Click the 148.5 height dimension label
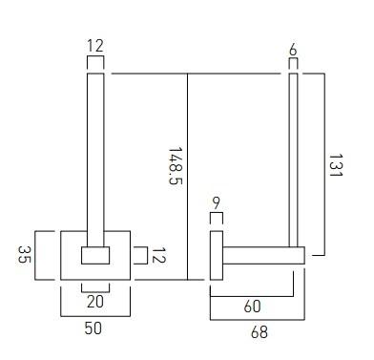click(176, 166)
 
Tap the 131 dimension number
click(335, 165)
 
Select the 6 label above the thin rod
click(293, 50)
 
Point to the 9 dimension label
click(217, 203)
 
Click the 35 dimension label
click(25, 254)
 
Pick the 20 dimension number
click(95, 301)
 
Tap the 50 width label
click(93, 328)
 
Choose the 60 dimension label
click(253, 307)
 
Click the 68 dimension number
click(260, 332)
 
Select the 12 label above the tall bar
click(95, 46)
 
